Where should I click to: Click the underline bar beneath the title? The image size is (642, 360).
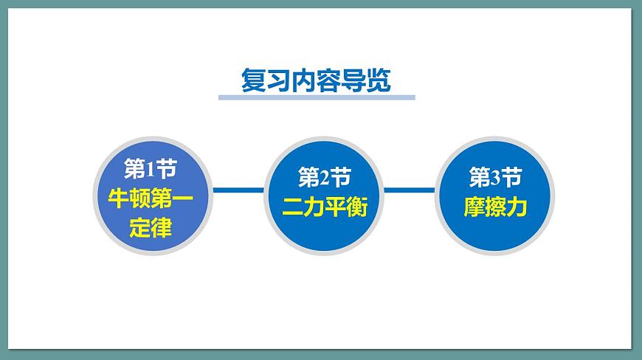coord(317,97)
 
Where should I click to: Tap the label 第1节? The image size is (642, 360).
coord(150,170)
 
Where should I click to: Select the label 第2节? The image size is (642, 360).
coord(324,177)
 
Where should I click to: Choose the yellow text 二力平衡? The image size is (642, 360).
coord(324,207)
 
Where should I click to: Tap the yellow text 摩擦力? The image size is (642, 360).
coord(495,207)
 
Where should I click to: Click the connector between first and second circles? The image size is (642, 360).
coord(238,190)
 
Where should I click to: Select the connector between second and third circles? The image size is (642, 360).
coord(410,190)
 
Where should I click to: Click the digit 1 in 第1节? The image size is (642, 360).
coord(151,170)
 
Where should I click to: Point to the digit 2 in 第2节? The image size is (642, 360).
coord(325,178)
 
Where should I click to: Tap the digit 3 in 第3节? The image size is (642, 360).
coord(496,178)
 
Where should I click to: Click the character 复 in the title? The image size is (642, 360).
coord(254,80)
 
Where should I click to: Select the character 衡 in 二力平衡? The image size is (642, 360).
coord(356,207)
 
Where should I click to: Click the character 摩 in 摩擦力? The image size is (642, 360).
coord(474,207)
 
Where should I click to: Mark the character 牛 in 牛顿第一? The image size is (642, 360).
coord(119,198)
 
